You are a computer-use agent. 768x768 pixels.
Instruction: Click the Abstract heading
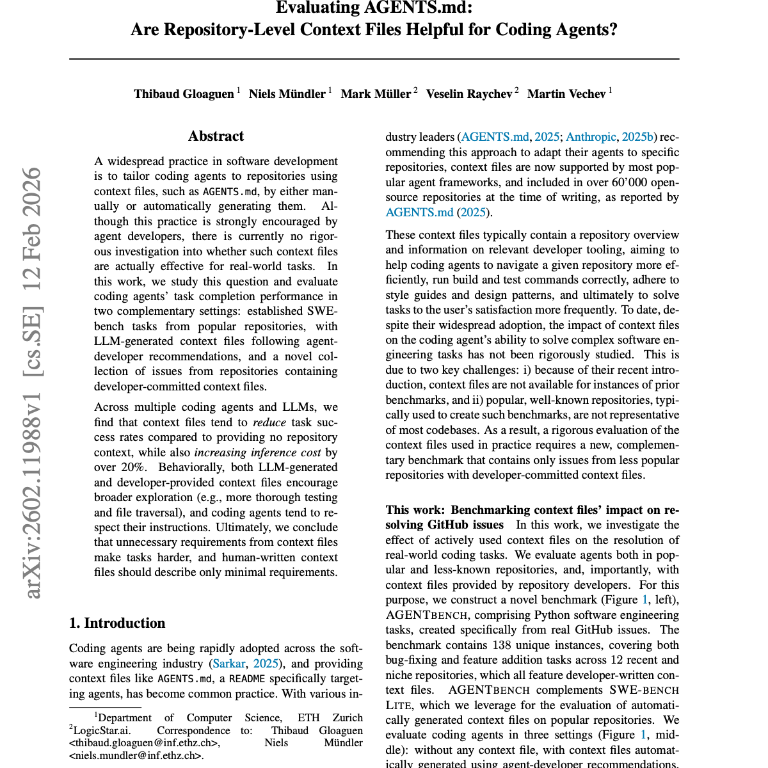coord(216,136)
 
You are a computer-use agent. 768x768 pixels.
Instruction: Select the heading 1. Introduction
coord(117,623)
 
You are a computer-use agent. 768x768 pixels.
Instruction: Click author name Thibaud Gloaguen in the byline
coord(184,94)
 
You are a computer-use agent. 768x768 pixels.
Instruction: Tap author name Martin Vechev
coord(566,94)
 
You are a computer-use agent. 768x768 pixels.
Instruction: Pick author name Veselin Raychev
coord(469,94)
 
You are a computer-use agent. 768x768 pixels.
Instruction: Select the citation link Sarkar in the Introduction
coord(228,664)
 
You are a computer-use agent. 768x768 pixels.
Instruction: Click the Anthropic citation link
coord(591,137)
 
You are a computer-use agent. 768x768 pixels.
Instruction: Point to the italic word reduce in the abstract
coord(269,422)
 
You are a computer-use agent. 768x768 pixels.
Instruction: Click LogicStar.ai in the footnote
coord(102,731)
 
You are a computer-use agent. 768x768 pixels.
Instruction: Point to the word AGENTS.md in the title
coord(418,8)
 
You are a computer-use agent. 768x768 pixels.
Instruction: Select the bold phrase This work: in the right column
coord(415,510)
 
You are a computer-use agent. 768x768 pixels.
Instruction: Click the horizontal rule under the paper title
coord(374,59)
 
